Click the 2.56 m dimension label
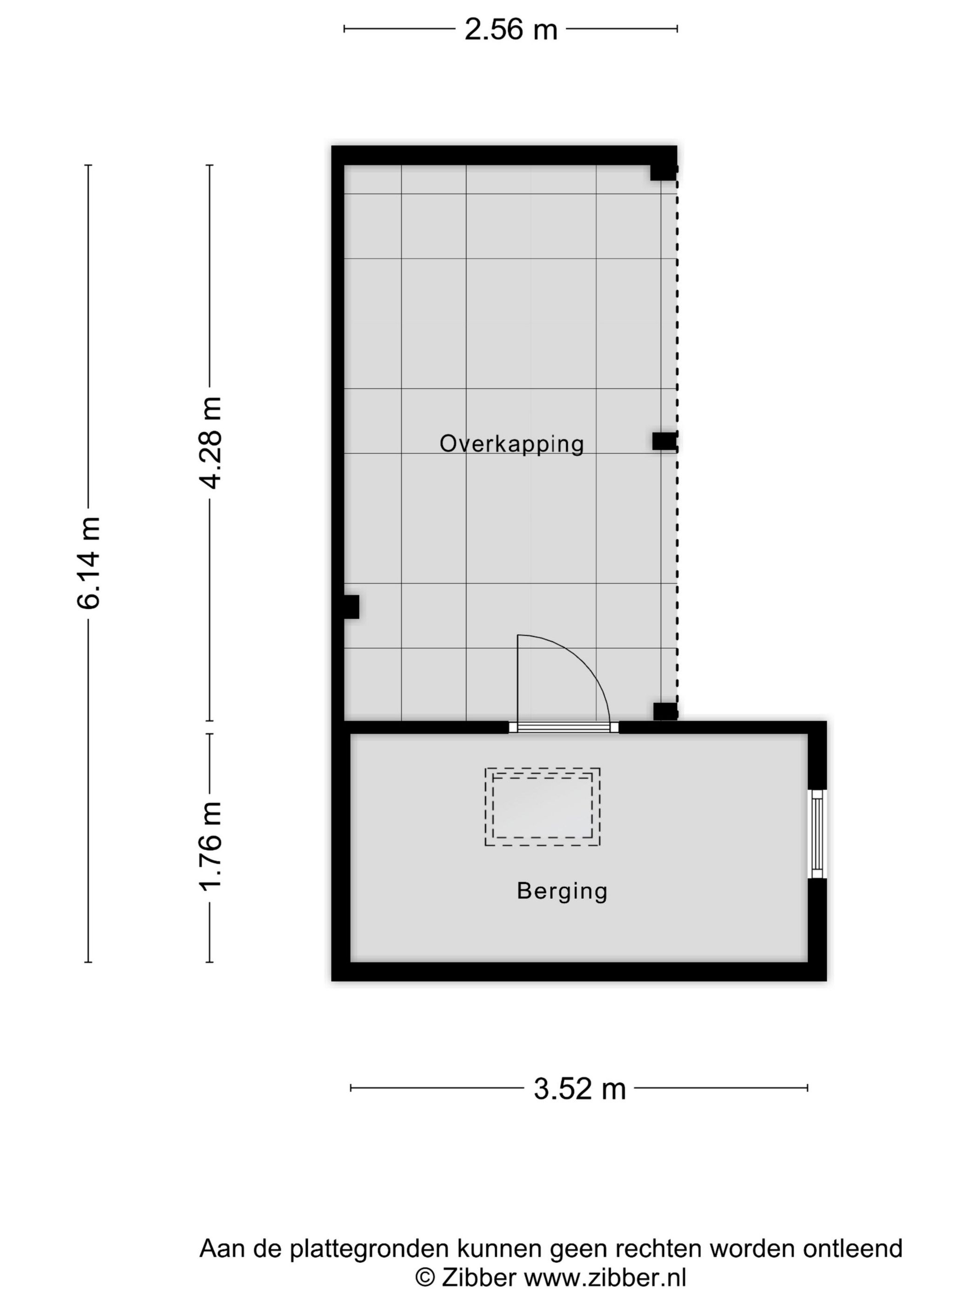pos(510,29)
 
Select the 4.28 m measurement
pos(211,443)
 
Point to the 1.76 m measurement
pos(211,846)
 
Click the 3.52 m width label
pos(579,1089)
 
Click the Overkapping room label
pos(511,444)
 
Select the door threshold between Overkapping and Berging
pos(564,727)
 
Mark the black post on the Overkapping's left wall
pos(351,607)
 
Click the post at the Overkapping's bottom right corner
pos(665,712)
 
